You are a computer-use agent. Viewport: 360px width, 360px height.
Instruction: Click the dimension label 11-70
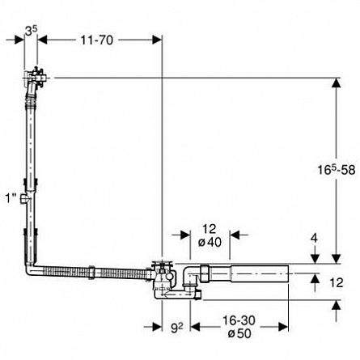(x=97, y=40)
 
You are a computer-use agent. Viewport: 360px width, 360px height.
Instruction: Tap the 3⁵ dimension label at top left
(x=31, y=32)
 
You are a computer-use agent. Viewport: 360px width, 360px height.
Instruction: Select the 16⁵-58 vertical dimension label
(x=336, y=169)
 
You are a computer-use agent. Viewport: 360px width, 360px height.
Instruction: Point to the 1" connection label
(x=11, y=198)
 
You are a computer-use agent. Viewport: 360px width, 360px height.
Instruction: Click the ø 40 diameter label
(x=210, y=243)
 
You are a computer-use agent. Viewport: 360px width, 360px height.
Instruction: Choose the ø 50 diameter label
(x=239, y=333)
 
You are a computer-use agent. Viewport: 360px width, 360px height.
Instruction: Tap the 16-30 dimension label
(x=239, y=320)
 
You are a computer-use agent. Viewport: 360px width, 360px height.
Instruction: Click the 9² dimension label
(x=177, y=328)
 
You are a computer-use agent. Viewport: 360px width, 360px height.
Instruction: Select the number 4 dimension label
(x=314, y=238)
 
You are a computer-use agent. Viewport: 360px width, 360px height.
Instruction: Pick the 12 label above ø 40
(x=210, y=229)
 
